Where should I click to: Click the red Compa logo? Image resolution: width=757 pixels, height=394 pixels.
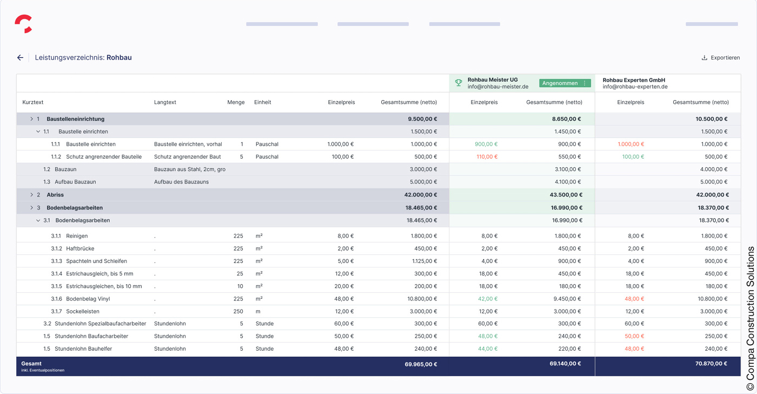pos(23,24)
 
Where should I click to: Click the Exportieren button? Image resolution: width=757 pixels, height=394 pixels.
pos(720,58)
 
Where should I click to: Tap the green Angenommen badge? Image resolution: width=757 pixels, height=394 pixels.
pos(560,83)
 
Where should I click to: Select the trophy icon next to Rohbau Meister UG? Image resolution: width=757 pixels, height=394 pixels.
pos(459,83)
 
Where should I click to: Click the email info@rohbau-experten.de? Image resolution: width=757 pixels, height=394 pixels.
pos(635,87)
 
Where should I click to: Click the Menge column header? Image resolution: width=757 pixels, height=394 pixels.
pos(236,102)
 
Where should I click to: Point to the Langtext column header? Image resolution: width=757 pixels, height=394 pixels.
pos(165,102)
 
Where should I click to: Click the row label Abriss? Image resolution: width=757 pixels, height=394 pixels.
pos(55,195)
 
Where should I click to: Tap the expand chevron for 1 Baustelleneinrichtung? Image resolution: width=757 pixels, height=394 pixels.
pos(32,119)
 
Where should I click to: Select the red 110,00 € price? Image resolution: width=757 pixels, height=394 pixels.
pos(487,157)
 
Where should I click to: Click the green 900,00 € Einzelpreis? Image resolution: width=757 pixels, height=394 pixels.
pos(486,145)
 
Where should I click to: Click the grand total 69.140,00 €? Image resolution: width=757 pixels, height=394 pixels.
pos(565,364)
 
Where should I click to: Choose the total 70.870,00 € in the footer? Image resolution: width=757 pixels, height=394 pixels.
pos(711,364)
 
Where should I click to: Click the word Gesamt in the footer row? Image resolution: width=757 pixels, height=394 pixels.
pos(31,364)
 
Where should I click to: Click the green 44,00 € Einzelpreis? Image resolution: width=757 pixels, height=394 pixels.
pos(488,349)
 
